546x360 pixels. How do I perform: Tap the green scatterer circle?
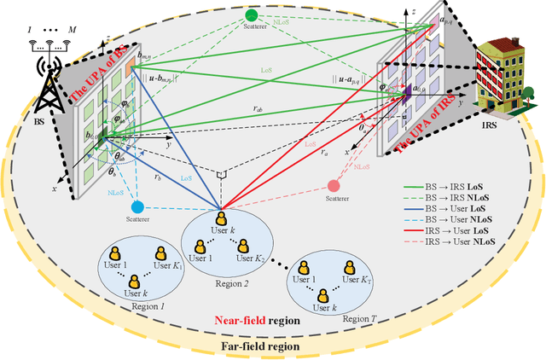(x=251, y=15)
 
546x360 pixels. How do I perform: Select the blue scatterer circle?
(x=136, y=206)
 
